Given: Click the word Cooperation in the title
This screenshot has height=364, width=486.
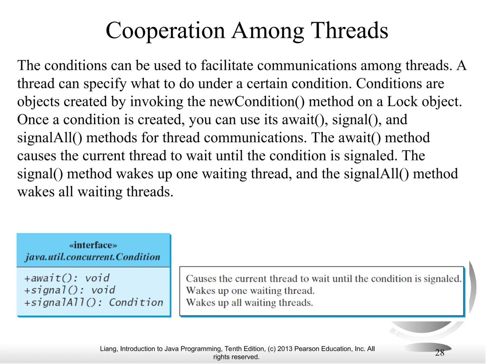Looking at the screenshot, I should click(x=168, y=31).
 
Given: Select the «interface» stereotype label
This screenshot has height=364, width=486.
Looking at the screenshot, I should click(x=93, y=245).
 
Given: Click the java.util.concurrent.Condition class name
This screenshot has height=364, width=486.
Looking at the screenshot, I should click(x=93, y=257).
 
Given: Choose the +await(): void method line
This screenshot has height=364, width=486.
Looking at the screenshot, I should click(x=67, y=278).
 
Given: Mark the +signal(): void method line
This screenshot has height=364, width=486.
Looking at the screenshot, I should click(x=70, y=290).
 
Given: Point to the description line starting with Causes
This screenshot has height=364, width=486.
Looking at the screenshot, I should click(x=323, y=279).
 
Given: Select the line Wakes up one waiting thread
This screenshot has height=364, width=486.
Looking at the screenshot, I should click(x=250, y=290).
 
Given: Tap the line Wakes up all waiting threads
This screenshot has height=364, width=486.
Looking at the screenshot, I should click(x=249, y=302).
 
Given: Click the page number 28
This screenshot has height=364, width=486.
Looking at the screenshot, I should click(x=439, y=352).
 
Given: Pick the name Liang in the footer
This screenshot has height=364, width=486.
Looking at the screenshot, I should click(x=108, y=349).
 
